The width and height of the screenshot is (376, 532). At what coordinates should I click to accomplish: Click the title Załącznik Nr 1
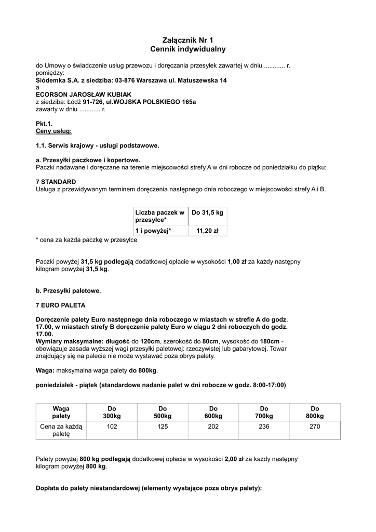click(187, 40)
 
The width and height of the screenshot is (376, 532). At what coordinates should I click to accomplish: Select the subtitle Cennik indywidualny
click(187, 49)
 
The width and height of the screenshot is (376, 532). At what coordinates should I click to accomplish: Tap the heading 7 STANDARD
click(56, 182)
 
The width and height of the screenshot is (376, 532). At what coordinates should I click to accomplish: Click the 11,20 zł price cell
click(207, 230)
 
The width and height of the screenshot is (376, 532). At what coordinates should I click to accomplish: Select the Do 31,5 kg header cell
click(207, 212)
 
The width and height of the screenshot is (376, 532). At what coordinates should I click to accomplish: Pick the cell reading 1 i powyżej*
click(153, 230)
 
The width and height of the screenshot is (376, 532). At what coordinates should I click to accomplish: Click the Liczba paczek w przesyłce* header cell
click(159, 216)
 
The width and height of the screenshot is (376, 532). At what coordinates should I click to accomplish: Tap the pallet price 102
click(112, 427)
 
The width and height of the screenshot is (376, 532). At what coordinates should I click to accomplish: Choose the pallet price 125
click(163, 427)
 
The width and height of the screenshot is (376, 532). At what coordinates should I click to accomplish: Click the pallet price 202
click(213, 427)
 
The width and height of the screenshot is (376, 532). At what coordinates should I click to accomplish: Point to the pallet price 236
click(264, 427)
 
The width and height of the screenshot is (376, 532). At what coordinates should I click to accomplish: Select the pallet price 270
click(315, 427)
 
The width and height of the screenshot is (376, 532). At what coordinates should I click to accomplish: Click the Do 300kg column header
click(112, 412)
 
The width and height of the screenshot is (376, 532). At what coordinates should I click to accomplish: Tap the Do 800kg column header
click(315, 412)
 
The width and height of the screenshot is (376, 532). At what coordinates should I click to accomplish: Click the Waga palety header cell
click(61, 412)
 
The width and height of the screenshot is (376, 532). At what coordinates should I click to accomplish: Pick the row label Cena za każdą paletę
click(61, 430)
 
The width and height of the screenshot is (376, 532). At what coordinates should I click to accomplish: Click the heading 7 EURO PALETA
click(60, 305)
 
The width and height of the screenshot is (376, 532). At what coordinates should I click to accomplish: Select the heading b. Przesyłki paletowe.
click(68, 290)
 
